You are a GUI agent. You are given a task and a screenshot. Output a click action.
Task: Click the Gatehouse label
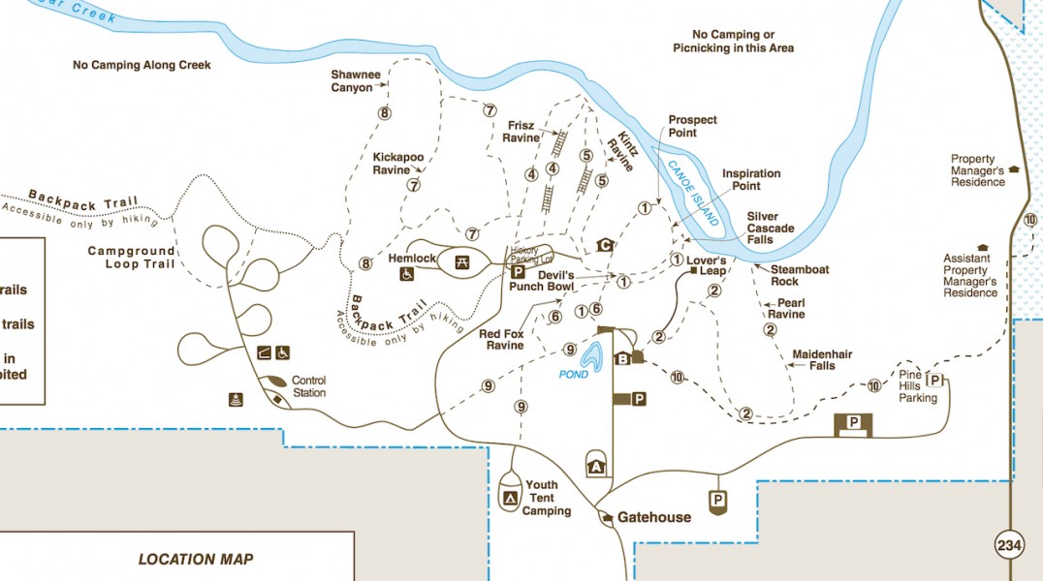pos(654,517)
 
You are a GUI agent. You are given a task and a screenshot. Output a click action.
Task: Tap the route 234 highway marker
pos(1009,546)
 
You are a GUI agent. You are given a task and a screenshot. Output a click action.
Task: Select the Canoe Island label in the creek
pos(688,188)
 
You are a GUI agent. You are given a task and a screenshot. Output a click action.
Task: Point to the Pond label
pos(573,374)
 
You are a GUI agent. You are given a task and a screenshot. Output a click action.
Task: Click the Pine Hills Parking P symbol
pos(935,380)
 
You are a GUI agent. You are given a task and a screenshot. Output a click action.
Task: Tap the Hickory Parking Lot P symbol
pos(518,272)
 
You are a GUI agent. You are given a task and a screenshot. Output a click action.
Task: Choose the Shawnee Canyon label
pos(351,80)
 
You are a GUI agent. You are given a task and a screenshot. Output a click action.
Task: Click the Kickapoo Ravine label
pos(398,163)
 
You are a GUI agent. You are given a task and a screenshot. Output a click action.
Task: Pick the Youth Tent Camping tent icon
pos(509,498)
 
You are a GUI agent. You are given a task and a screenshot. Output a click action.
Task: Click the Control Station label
pos(308,386)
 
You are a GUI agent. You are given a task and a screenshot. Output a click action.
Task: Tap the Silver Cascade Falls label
pos(771,228)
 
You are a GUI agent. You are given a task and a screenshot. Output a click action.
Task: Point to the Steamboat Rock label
pos(800,275)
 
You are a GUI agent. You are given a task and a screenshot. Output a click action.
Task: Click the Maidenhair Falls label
pos(822,359)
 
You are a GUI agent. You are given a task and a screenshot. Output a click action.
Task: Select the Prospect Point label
pos(692,126)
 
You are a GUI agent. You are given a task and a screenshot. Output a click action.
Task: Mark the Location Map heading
pos(196,559)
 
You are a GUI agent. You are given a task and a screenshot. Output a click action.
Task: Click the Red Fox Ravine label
pos(501,339)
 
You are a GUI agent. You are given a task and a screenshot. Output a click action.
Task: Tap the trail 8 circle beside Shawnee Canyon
pos(385,113)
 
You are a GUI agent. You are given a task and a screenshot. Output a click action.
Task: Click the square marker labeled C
pos(606,245)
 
